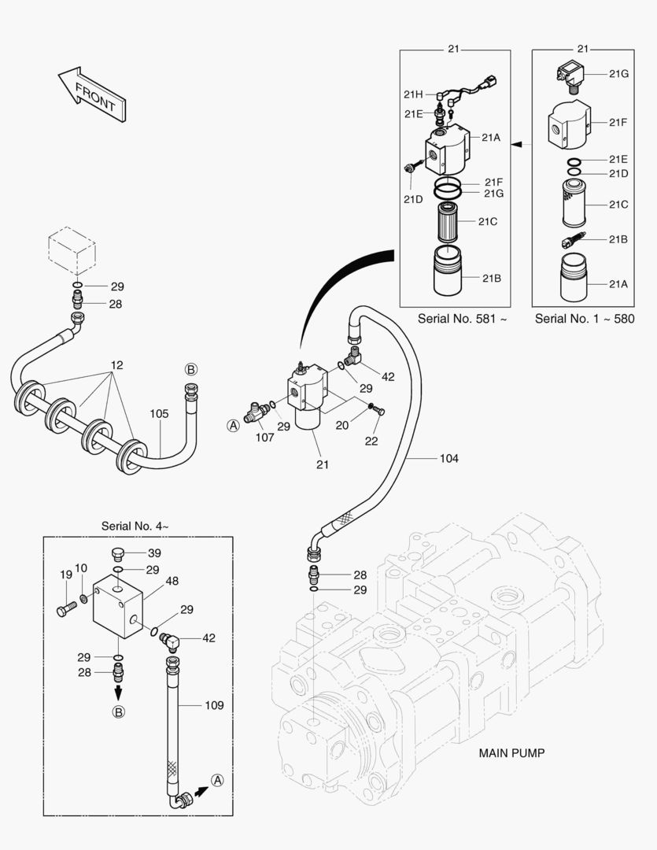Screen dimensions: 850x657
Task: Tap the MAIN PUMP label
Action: [511, 753]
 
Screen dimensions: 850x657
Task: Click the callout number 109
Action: [214, 705]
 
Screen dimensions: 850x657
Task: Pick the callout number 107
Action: [264, 437]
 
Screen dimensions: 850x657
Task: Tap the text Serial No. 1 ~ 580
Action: [585, 319]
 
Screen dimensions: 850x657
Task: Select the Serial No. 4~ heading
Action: [135, 525]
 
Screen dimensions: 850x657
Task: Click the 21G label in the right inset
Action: [618, 73]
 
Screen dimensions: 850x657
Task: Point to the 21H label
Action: [414, 94]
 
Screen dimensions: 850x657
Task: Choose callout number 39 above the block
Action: [154, 553]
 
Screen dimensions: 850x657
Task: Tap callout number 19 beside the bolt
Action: [66, 575]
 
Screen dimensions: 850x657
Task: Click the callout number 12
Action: [116, 365]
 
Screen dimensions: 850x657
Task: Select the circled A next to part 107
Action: [233, 425]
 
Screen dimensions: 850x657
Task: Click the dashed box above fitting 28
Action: [72, 250]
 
